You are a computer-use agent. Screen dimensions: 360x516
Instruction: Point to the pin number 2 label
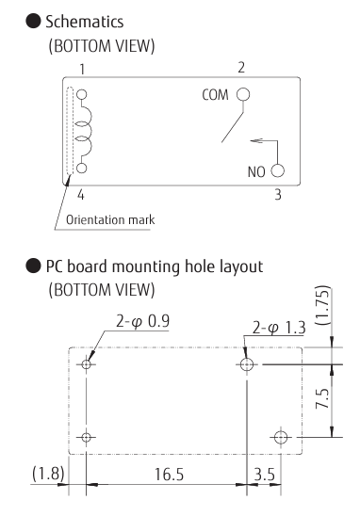pyautogui.click(x=241, y=68)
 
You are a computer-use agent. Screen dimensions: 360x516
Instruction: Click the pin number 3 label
pyautogui.click(x=278, y=195)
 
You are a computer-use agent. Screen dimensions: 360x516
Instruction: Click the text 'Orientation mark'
pyautogui.click(x=110, y=219)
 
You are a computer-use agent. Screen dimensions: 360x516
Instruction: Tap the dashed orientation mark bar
pyautogui.click(x=70, y=131)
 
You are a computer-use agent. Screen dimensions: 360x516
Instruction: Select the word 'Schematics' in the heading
pyautogui.click(x=84, y=22)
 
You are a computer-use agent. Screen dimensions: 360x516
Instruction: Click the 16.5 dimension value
pyautogui.click(x=169, y=475)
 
